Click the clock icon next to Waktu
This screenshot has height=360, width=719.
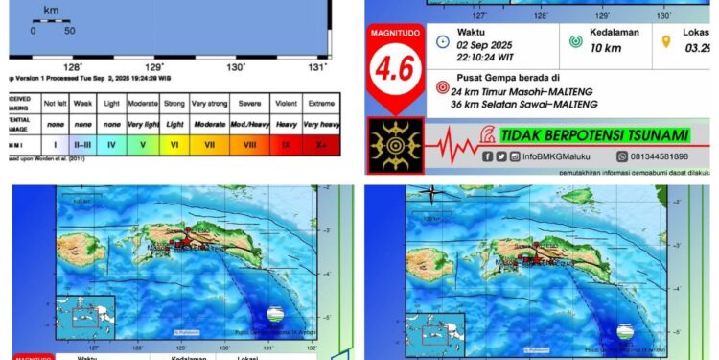coord(442,41)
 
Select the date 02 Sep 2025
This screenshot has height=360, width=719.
coord(484,45)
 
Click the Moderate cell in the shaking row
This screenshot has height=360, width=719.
coord(143,102)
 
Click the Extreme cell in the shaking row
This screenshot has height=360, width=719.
coord(320,102)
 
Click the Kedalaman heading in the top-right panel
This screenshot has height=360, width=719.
coord(615,32)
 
